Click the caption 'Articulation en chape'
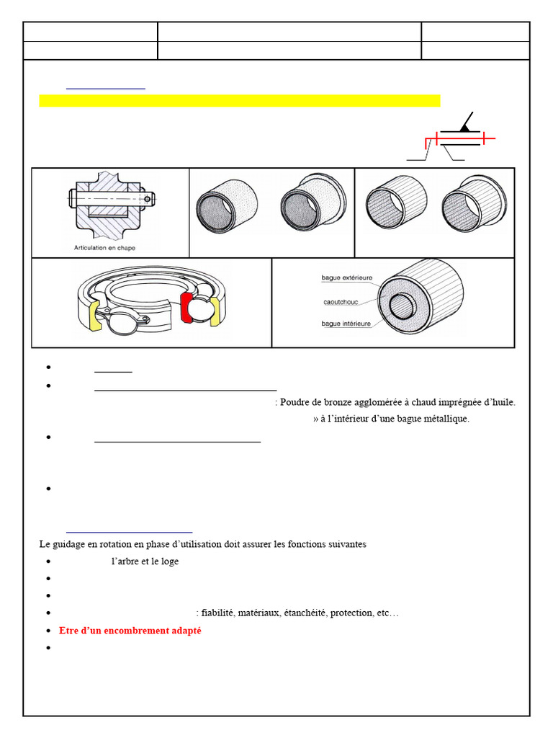[104, 248]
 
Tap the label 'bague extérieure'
[346, 277]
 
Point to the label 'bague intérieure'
[346, 324]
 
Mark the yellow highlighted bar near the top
[239, 101]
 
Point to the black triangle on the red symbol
[466, 126]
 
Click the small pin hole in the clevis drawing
[147, 198]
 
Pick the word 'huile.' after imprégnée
[500, 402]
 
